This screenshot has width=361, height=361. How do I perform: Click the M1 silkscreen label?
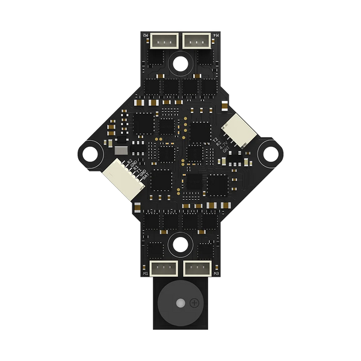tap(146, 273)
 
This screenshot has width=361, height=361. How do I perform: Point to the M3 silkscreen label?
tap(215, 273)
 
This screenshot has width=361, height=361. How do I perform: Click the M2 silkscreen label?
tap(146, 36)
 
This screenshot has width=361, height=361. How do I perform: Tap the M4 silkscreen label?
tap(215, 36)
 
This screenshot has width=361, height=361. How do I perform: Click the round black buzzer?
tap(180, 305)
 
